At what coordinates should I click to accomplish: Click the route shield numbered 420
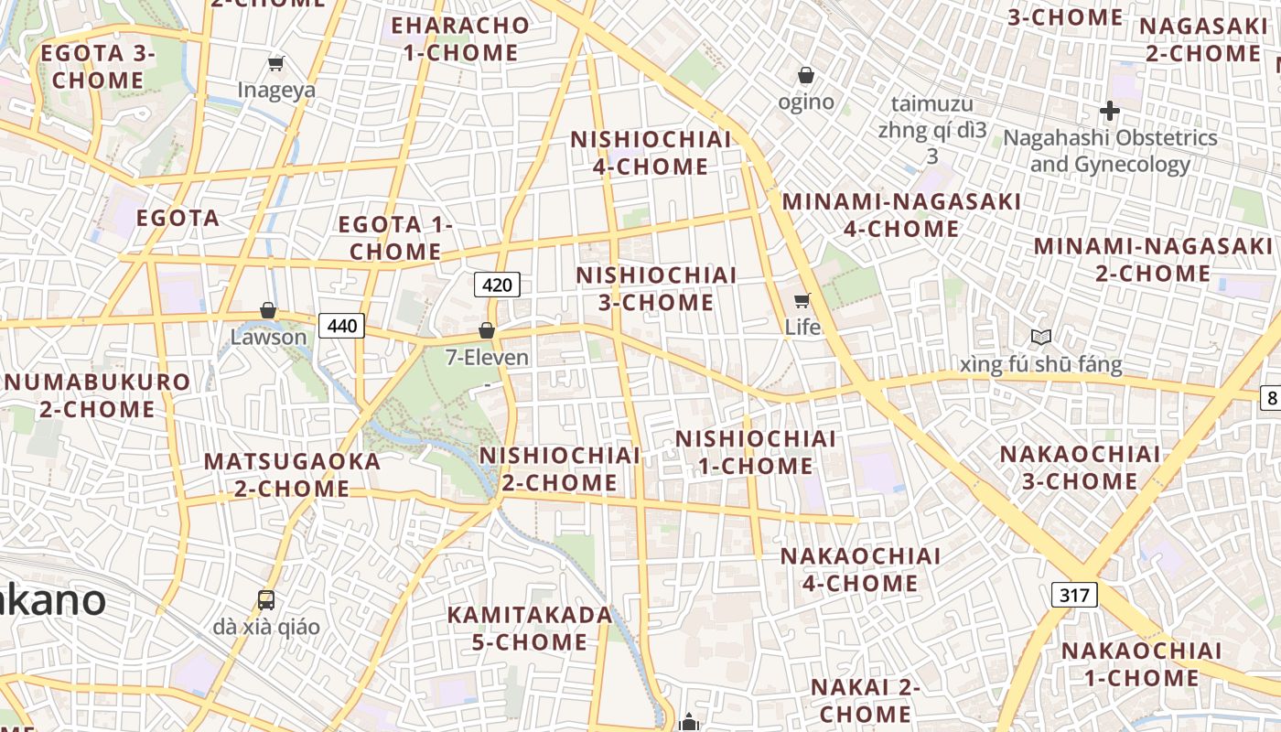click(497, 285)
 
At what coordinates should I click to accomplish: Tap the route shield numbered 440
click(341, 325)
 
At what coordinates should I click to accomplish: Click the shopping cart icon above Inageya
click(275, 63)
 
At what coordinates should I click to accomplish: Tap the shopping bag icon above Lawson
click(268, 310)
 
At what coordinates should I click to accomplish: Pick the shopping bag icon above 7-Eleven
click(487, 330)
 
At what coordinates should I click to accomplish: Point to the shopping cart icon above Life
click(802, 300)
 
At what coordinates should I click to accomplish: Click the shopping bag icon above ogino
click(806, 75)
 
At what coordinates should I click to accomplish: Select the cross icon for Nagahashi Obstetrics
click(1110, 112)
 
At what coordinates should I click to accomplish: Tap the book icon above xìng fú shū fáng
click(1041, 338)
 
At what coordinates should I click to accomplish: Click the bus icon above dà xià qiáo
click(266, 600)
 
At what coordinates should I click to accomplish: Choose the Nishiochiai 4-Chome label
click(651, 153)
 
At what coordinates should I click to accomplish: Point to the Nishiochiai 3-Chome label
click(656, 288)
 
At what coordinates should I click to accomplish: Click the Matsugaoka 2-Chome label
click(292, 475)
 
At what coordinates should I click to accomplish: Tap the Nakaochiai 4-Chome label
click(860, 569)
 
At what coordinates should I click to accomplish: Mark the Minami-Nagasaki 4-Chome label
click(901, 215)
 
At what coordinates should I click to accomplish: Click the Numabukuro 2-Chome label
click(96, 395)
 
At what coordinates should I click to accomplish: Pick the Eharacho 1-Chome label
click(460, 39)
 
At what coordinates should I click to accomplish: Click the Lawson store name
click(268, 337)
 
